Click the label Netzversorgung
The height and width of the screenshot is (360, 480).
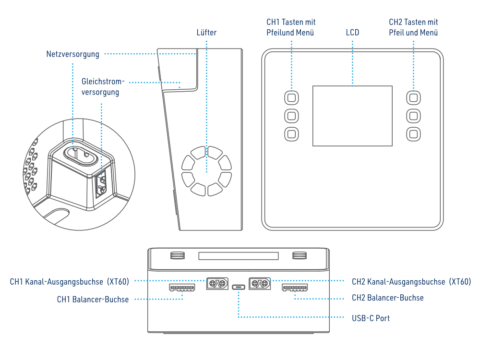click(x=72, y=54)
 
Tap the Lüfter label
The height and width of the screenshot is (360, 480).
click(x=206, y=33)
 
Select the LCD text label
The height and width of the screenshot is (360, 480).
click(x=352, y=33)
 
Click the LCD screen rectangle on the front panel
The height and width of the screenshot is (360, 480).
click(x=352, y=116)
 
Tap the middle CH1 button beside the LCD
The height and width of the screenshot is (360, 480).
click(x=291, y=116)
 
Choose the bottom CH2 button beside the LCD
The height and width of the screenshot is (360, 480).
click(x=413, y=133)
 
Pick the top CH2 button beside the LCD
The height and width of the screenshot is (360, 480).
click(x=413, y=98)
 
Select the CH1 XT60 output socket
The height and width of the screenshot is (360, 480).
click(x=216, y=284)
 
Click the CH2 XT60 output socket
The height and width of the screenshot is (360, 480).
click(x=260, y=284)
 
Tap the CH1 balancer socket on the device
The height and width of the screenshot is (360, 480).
click(x=182, y=288)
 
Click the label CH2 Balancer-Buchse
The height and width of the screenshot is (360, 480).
click(x=387, y=298)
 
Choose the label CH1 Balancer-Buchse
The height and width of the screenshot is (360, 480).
click(x=93, y=300)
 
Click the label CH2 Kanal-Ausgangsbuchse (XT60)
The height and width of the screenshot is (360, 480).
click(x=411, y=282)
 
